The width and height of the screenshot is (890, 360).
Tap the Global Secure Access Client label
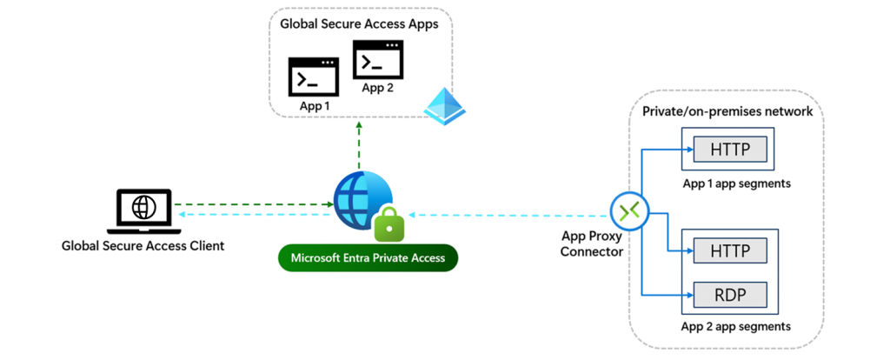coord(143,246)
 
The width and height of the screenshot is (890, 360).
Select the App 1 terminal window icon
coord(313,77)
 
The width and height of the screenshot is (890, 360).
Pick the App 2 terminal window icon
coord(377,60)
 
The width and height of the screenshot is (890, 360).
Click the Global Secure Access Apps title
coord(359,24)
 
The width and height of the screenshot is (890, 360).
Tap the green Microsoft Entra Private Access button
coord(368,257)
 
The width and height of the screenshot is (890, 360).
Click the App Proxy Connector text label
coord(592,243)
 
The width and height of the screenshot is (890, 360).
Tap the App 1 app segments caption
coord(736,183)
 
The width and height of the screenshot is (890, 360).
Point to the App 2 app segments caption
coord(736,326)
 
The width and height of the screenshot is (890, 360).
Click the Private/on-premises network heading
coord(727,111)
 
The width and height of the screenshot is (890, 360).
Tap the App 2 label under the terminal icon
coord(377,88)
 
